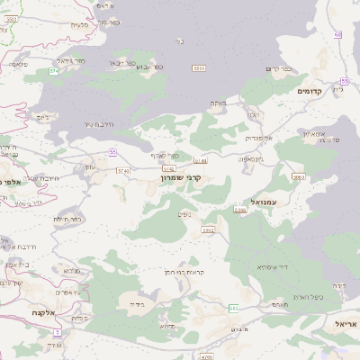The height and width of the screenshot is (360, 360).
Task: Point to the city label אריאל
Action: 346,323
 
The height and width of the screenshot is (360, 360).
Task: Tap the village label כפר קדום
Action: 281,68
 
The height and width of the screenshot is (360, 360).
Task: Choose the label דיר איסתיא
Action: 271,266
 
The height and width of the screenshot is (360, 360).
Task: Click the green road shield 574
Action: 53,70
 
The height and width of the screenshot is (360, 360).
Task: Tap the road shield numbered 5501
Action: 199,67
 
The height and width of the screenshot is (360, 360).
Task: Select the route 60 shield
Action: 337,34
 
